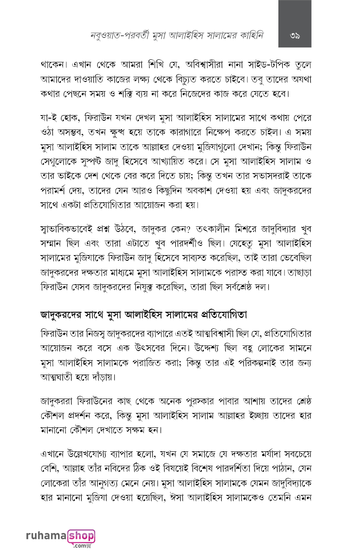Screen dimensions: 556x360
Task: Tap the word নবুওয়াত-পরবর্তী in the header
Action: [114, 35]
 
